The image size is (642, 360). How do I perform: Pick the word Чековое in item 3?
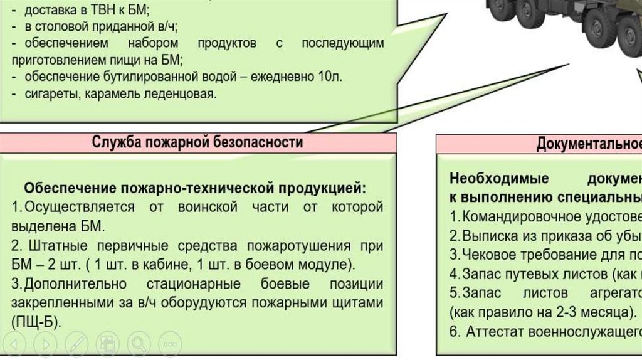[487, 255]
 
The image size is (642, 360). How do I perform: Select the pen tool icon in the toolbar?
[76, 344]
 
